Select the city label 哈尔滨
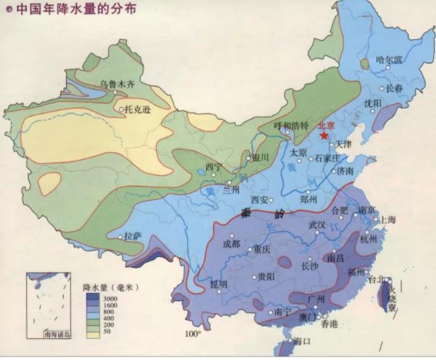click(x=389, y=60)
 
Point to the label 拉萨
click(x=132, y=235)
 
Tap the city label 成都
click(x=231, y=244)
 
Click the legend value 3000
click(x=110, y=297)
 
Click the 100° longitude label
click(x=194, y=334)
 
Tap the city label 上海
click(x=388, y=220)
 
